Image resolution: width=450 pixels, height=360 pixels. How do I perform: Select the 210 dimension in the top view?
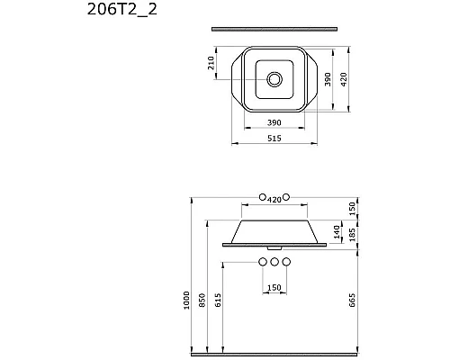point(212,66)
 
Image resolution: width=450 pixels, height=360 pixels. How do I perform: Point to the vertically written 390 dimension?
point(328,78)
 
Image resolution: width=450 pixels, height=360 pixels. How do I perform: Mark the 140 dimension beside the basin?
point(337,232)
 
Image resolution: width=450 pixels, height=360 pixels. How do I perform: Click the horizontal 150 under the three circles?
point(274,287)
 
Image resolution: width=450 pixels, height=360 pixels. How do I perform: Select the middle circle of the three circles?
point(274,262)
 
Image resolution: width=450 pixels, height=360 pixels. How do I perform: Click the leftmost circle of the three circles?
point(262,262)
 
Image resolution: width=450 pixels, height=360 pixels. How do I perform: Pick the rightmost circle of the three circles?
point(287,262)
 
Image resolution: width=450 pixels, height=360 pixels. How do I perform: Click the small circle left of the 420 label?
point(262,197)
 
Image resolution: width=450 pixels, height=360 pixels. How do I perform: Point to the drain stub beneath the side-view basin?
point(274,247)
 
